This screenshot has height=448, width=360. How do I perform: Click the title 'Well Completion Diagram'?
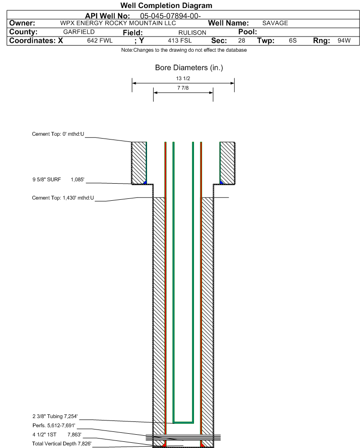point(166,6)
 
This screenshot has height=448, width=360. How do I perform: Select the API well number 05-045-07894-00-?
point(171,16)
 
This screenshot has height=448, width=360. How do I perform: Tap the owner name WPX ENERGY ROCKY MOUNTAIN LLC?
point(118,23)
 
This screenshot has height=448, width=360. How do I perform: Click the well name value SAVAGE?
point(275,23)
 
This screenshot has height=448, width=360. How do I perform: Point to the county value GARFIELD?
point(79,32)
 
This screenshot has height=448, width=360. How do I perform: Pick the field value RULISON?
point(183,32)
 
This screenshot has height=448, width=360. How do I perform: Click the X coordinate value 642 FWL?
point(100,41)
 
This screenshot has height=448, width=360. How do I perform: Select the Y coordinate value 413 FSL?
point(180,41)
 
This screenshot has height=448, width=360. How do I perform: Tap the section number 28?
point(241,41)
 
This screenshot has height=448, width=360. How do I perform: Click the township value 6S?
point(293,41)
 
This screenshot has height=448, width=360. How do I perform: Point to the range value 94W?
point(344,41)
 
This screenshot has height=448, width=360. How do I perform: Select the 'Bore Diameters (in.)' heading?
point(189,68)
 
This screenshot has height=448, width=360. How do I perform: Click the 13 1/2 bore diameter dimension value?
point(183,78)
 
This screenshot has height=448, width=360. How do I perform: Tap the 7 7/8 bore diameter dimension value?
point(183,88)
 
